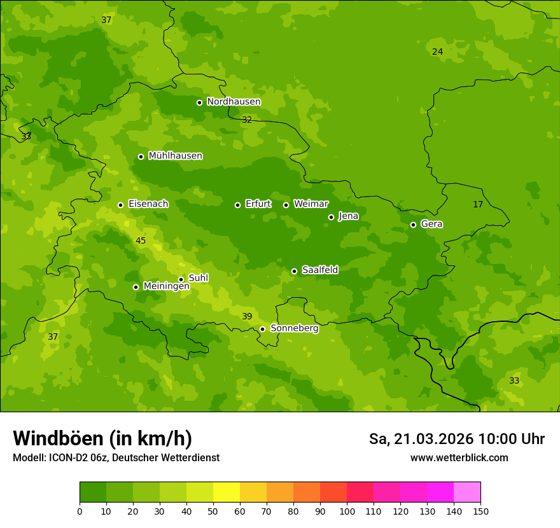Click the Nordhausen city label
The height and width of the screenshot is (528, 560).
point(234,102)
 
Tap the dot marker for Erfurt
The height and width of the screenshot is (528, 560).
point(237,205)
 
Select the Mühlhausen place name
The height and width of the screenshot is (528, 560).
point(175,156)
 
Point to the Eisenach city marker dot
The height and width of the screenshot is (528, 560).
point(120,205)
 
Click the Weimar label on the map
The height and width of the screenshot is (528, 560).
point(311,204)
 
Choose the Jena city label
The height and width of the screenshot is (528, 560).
point(348,216)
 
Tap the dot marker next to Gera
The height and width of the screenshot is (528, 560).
point(413,225)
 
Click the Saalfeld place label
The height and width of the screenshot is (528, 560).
point(319,270)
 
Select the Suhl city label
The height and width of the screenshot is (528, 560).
point(198,278)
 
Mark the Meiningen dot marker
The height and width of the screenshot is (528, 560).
point(136,287)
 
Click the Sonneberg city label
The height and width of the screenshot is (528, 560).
point(294,328)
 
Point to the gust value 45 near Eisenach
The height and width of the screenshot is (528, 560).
point(141,240)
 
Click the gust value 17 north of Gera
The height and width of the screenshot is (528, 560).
point(478,204)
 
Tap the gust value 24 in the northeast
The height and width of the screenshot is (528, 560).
point(437,52)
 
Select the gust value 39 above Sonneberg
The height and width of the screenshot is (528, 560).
point(247,316)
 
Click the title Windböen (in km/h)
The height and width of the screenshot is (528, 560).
point(102,438)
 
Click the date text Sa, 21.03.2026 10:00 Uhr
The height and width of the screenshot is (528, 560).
point(456,439)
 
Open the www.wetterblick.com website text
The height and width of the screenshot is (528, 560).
point(459,458)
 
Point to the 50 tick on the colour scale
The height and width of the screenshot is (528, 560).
point(213,511)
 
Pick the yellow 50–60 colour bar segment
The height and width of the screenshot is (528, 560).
point(227,492)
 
